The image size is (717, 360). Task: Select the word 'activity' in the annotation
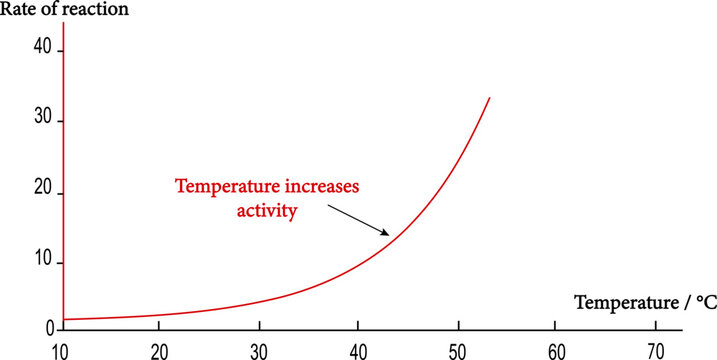pos(268,210)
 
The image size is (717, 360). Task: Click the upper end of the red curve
pos(489,98)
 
